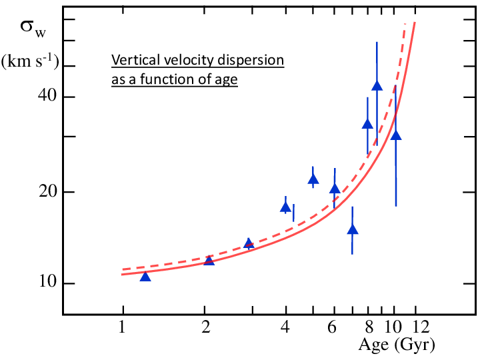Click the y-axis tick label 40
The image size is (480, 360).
click(x=48, y=95)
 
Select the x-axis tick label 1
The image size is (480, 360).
click(x=122, y=327)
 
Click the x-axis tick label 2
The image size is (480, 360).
click(x=206, y=327)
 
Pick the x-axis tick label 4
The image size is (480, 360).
click(x=285, y=327)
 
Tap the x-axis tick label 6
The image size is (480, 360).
click(x=332, y=327)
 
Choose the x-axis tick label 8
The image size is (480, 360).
click(x=369, y=327)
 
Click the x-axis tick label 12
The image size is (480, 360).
click(x=421, y=327)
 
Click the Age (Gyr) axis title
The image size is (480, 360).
click(x=397, y=345)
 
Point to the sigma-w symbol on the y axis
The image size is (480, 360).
click(x=33, y=28)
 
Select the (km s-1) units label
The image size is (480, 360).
click(x=30, y=61)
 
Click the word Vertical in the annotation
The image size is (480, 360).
click(x=136, y=60)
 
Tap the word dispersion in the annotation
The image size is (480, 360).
click(x=251, y=61)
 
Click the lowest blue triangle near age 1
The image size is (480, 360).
click(x=145, y=277)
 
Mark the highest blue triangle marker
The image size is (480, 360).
click(x=377, y=86)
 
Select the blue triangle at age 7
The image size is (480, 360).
click(x=353, y=229)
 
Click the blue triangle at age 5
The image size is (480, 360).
click(x=313, y=179)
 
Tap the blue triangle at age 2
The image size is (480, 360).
click(x=209, y=260)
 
